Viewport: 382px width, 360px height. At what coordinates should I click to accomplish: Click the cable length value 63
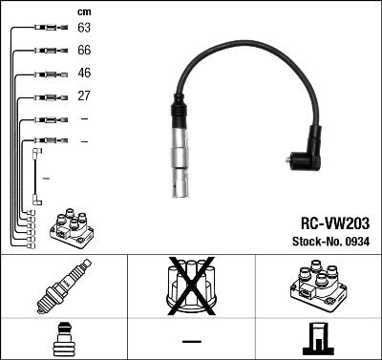click(85, 29)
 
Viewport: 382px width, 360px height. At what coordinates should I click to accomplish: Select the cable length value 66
click(85, 51)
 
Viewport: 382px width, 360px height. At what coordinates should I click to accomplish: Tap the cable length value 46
click(85, 74)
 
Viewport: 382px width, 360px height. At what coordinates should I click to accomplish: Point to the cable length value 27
click(85, 96)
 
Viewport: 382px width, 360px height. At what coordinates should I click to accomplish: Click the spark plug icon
click(63, 287)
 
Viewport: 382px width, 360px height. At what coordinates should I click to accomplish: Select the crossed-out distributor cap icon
click(191, 287)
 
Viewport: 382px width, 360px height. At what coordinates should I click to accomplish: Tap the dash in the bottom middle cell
click(191, 341)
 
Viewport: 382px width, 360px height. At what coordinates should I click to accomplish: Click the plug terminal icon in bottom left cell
click(63, 339)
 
